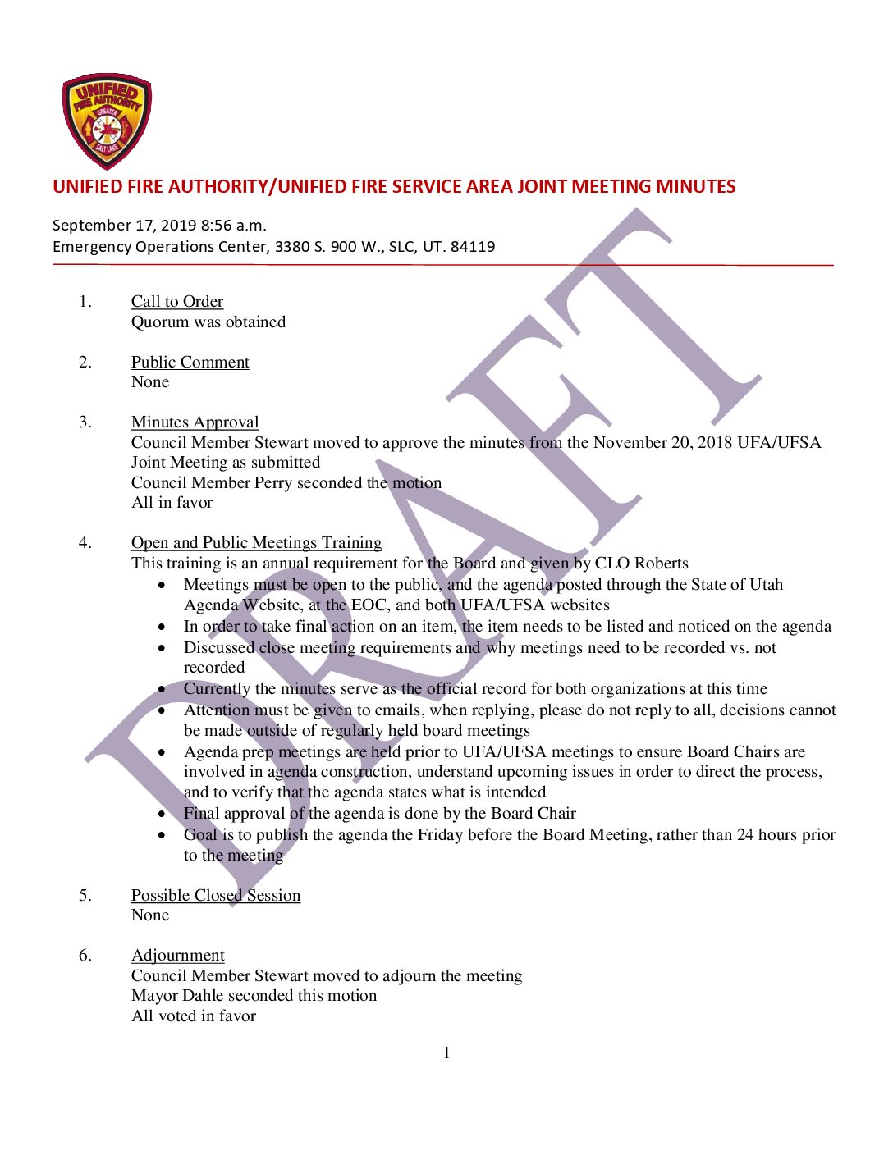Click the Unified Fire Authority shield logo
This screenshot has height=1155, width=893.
click(x=107, y=120)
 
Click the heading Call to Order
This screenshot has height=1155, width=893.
click(x=177, y=302)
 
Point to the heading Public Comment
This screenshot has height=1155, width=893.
click(x=190, y=363)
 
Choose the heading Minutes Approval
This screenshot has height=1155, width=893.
click(x=195, y=422)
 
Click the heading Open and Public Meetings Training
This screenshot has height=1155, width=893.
click(x=257, y=543)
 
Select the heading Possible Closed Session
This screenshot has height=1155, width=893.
click(x=216, y=896)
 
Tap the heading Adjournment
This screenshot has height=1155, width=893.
click(x=178, y=956)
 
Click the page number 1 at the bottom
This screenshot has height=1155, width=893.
click(x=446, y=1053)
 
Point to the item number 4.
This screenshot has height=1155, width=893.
click(x=85, y=543)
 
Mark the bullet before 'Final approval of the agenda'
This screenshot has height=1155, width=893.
click(x=163, y=814)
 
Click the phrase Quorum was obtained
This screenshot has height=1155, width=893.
click(x=208, y=322)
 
